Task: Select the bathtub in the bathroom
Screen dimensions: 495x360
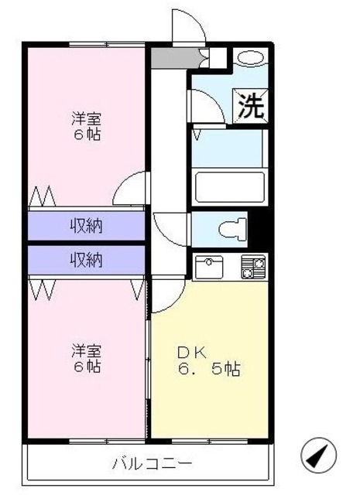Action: (229, 187)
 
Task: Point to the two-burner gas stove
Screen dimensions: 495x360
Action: (253, 267)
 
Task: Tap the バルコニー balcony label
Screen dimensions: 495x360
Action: (152, 464)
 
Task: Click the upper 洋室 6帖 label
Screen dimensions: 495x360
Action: (87, 126)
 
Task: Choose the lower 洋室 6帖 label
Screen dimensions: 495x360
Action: (87, 358)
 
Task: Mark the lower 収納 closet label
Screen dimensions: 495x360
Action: (87, 260)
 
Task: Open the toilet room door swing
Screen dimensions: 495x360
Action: (170, 226)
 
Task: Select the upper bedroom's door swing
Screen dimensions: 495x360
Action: (130, 188)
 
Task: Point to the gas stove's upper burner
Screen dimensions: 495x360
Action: (253, 261)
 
